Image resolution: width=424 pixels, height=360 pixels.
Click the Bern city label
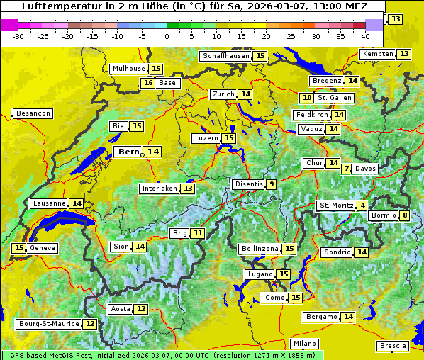[x=129, y=152]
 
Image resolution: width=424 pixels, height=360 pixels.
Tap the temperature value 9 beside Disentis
[x=271, y=184]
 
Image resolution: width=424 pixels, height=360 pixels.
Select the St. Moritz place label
[x=336, y=206]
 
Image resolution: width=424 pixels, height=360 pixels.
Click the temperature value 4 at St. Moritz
[x=362, y=206]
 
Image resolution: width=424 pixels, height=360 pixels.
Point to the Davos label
[x=366, y=169]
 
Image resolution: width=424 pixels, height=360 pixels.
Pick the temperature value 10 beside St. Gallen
[x=307, y=98]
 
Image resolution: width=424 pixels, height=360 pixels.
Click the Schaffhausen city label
[x=225, y=56]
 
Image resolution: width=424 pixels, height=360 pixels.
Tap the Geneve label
[x=43, y=248]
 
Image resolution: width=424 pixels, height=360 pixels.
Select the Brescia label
[x=393, y=346]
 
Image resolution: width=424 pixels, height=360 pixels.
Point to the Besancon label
[x=33, y=113]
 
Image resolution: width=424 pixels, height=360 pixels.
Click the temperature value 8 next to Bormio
[x=405, y=215]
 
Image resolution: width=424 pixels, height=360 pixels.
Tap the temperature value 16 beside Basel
[x=147, y=83]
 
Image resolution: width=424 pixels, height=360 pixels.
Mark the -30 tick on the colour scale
[x=18, y=36]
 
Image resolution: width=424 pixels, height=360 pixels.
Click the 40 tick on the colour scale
[x=365, y=36]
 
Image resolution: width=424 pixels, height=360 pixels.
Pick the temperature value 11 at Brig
[x=198, y=233]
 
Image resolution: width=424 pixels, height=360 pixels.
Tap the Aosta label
[x=121, y=309]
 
